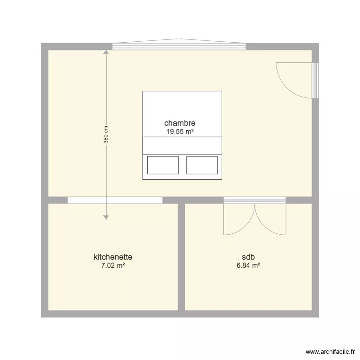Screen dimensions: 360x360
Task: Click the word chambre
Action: [x=180, y=123]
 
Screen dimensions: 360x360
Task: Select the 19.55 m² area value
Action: [x=180, y=131]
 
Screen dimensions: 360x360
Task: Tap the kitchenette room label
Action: [x=113, y=257]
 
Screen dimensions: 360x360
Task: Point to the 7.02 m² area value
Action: [x=113, y=265]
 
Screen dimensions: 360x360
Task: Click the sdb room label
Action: [x=248, y=257]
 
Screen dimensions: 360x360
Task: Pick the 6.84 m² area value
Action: [x=248, y=265]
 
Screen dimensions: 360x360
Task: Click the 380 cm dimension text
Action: [x=106, y=135]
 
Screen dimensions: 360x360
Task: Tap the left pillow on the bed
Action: [x=163, y=165]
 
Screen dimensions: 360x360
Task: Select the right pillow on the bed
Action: [x=202, y=165]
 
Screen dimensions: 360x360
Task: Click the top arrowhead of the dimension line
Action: [x=106, y=53]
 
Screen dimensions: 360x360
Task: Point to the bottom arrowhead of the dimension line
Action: [x=106, y=216]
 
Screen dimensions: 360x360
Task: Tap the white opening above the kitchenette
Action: [x=115, y=200]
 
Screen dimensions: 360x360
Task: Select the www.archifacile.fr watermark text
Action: [x=329, y=351]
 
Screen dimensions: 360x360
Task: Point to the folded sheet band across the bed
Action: [x=182, y=146]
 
